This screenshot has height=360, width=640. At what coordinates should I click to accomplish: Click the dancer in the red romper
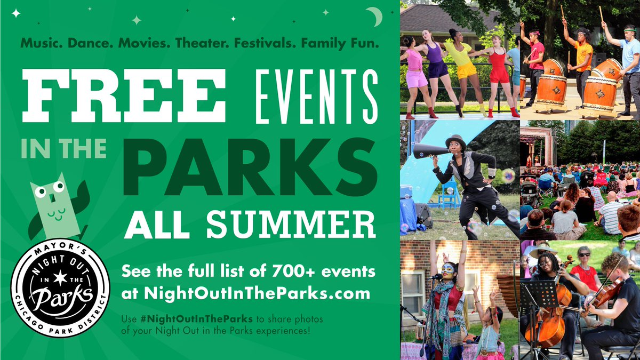coord(499,69)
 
